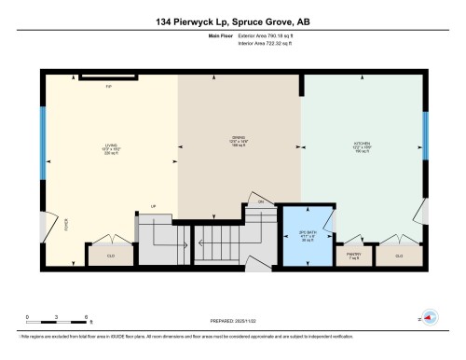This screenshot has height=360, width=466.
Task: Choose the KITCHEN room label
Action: point(362,145)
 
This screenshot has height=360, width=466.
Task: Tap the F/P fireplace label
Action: point(108,86)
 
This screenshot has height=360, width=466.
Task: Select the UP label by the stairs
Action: point(153,208)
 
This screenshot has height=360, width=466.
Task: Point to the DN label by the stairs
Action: point(262,201)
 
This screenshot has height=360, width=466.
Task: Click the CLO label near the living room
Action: point(111,255)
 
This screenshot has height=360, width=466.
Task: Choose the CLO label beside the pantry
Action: point(399,254)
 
